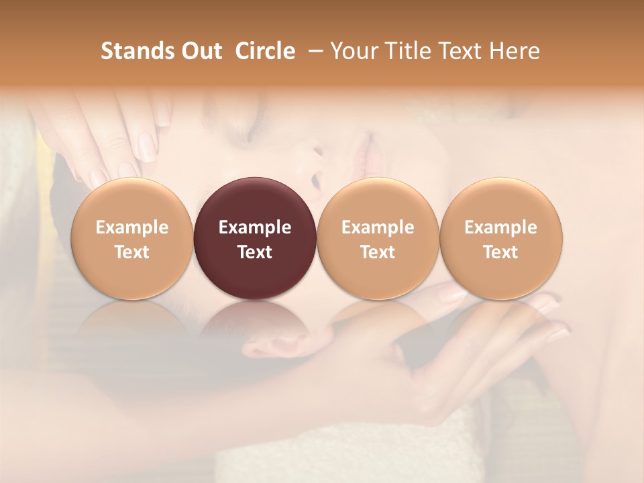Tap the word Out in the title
tap(201, 51)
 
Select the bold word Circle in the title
tap(265, 51)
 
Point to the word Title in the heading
tap(405, 51)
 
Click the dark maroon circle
tap(255, 239)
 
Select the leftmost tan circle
tap(132, 239)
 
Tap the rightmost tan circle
tap(501, 239)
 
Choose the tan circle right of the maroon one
tap(378, 239)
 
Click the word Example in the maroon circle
tap(255, 227)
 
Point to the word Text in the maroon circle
tap(255, 252)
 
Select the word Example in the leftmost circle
tap(132, 227)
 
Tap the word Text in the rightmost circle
tap(501, 252)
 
